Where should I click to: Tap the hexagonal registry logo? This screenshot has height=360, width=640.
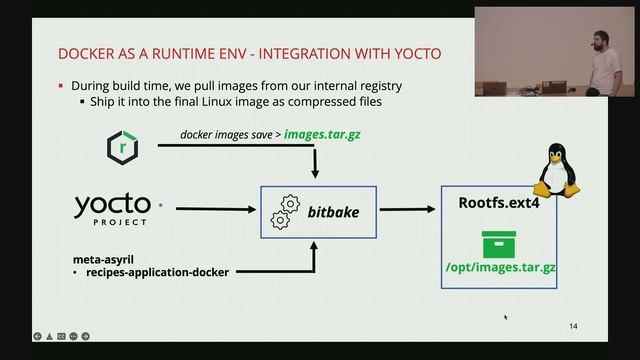(122, 148)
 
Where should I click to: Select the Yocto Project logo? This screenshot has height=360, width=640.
(112, 209)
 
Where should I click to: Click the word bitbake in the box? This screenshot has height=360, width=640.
(333, 213)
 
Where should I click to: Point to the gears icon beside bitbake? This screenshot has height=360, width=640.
(286, 211)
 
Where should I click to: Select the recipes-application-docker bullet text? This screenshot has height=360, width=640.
(155, 272)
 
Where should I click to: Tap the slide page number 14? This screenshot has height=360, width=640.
(572, 327)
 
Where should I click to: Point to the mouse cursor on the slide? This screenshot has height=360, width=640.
(505, 317)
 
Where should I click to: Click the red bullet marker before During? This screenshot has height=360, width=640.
(61, 86)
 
